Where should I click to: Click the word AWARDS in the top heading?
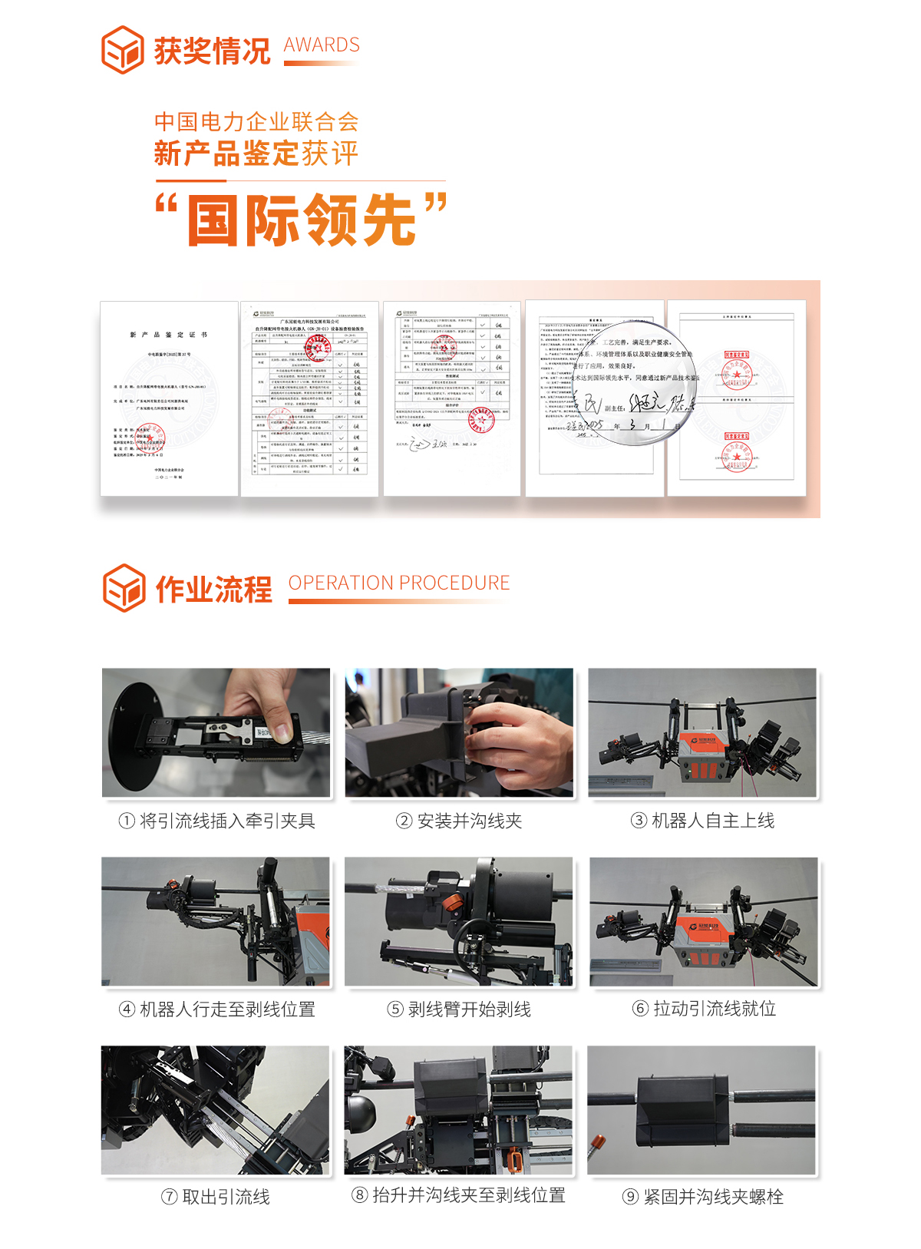(x=322, y=45)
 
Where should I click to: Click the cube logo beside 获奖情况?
(x=123, y=50)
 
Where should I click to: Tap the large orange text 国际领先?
(x=302, y=220)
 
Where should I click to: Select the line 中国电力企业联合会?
(x=256, y=122)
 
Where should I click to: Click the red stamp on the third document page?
(x=482, y=420)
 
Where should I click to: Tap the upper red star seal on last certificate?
(x=737, y=375)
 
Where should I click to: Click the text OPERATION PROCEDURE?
(x=399, y=583)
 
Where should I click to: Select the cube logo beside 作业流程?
(x=124, y=588)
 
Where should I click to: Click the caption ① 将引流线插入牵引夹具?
(x=217, y=821)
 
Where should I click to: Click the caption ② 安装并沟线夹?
(x=459, y=821)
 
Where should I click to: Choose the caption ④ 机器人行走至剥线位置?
(x=217, y=1009)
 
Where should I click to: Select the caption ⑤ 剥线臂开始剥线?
(x=459, y=1009)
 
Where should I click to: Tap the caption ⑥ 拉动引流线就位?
(x=704, y=1009)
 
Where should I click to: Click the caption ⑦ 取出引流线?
(x=216, y=1197)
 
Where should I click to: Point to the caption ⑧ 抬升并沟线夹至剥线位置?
(x=459, y=1195)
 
